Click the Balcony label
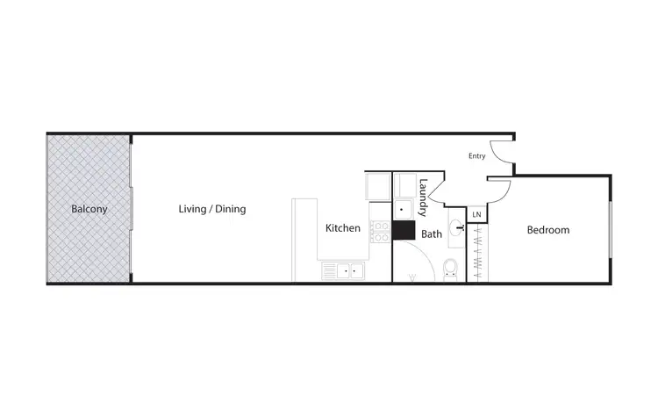(89, 209)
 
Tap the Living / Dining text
(212, 209)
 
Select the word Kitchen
(343, 228)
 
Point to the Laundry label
(423, 198)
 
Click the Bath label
(432, 234)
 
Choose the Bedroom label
(547, 230)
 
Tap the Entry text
(477, 156)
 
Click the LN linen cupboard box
(476, 214)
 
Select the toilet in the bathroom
(450, 268)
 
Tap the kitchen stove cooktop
(381, 232)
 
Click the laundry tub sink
(404, 209)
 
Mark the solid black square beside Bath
(404, 230)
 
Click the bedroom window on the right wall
(610, 230)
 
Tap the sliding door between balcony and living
(132, 209)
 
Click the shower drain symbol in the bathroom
(412, 278)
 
